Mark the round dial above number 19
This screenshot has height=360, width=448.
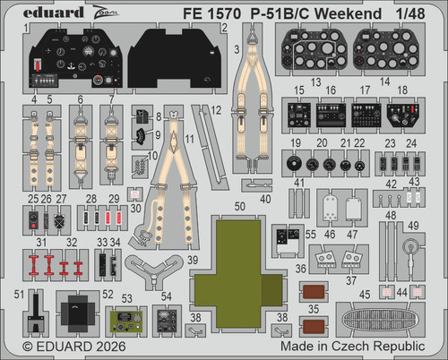[x=295, y=162]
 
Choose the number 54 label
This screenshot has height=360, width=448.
[x=167, y=296]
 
